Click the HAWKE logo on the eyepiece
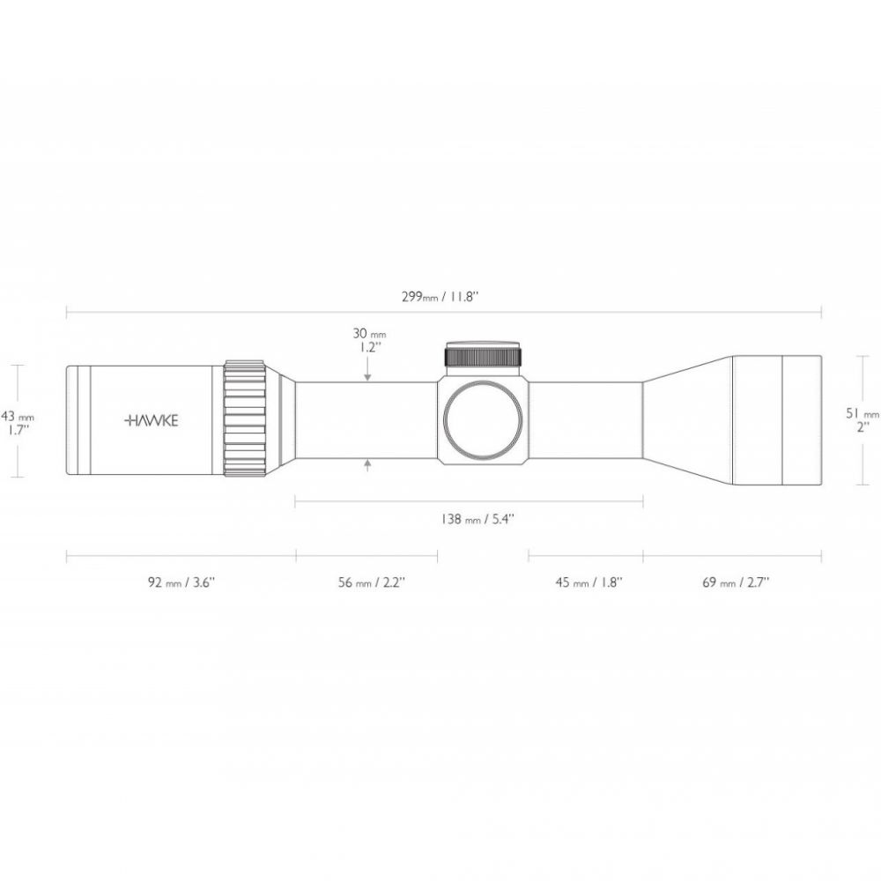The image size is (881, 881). point(151,421)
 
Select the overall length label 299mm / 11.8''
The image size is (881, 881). point(440,297)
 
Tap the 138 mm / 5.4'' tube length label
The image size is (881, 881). point(478,519)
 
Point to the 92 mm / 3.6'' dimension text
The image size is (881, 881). point(181,582)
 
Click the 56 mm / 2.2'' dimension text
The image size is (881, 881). point(372,582)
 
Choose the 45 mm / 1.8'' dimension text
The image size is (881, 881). point(589,582)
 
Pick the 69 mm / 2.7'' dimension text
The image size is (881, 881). point(736,582)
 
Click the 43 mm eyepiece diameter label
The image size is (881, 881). point(18,417)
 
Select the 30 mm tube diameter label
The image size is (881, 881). point(369,334)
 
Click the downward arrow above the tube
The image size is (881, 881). point(367,371)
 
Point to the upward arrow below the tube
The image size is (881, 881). point(368,465)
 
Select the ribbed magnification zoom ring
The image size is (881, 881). point(246,418)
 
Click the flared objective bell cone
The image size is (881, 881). point(688,420)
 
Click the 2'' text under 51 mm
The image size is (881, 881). point(863,427)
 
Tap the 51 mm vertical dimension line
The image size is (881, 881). point(862,420)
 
